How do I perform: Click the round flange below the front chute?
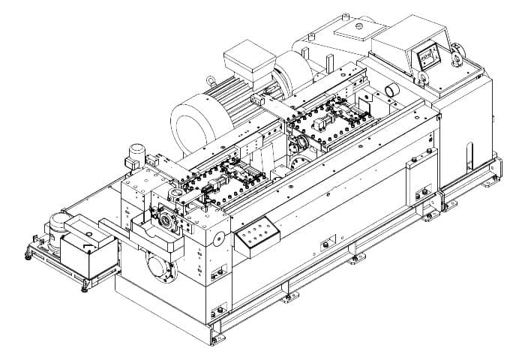pos(159,265)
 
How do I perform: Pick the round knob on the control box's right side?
pos(457,53)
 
